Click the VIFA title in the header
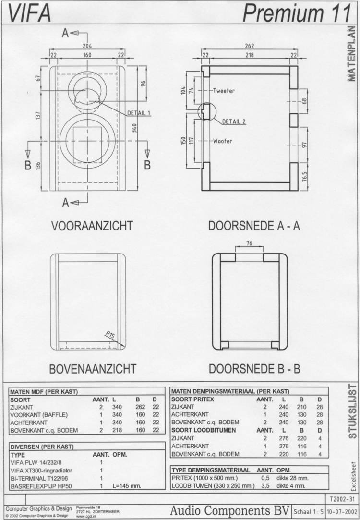(29, 13)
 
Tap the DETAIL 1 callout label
(139, 113)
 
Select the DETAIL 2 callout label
(234, 121)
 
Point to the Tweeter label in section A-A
(224, 91)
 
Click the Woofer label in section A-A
(223, 141)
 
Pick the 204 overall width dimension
(87, 46)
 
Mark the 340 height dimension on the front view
(134, 128)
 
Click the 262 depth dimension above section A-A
(249, 46)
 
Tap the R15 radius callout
(110, 335)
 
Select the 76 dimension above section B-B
(249, 243)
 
